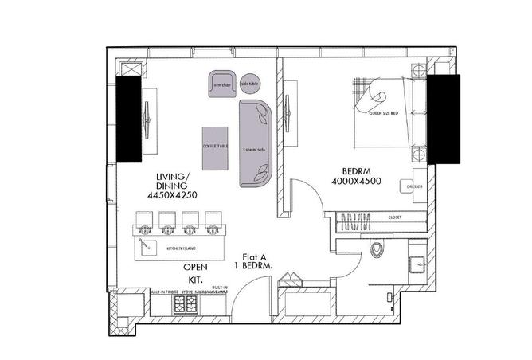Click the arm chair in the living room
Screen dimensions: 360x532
click(x=221, y=83)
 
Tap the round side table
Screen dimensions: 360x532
click(x=249, y=84)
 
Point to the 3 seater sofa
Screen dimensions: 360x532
click(x=256, y=141)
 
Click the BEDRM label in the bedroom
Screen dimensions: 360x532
click(x=354, y=171)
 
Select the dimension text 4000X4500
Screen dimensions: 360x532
click(x=355, y=182)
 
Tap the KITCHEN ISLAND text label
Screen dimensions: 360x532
click(x=177, y=248)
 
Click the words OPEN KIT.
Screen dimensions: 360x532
click(x=195, y=273)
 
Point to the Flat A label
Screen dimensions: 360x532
click(x=256, y=256)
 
